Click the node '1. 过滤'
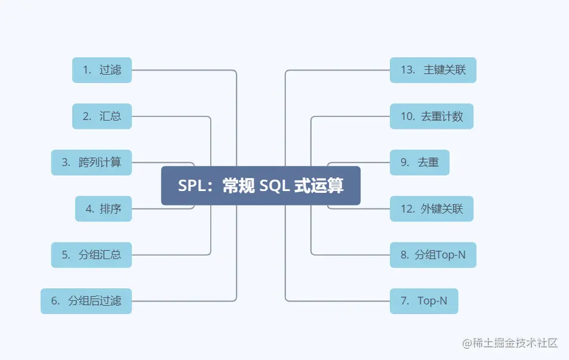(102, 70)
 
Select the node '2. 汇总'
(102, 116)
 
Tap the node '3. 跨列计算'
(91, 162)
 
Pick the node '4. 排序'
(103, 208)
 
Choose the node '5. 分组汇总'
(91, 254)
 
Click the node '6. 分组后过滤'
(86, 301)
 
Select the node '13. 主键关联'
(433, 70)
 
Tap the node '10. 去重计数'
(432, 116)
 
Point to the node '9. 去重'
(419, 162)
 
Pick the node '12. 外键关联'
(432, 208)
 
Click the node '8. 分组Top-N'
(433, 254)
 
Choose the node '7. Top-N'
(424, 301)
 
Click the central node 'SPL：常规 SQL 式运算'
(261, 186)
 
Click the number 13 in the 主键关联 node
(408, 70)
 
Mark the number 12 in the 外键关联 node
(408, 208)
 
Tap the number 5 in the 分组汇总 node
(65, 254)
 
